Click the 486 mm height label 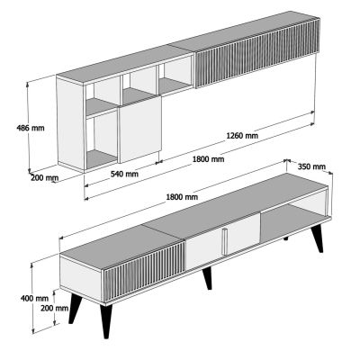[15, 128]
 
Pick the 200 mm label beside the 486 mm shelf [43, 178]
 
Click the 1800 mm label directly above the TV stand [182, 196]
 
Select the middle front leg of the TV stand [208, 278]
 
